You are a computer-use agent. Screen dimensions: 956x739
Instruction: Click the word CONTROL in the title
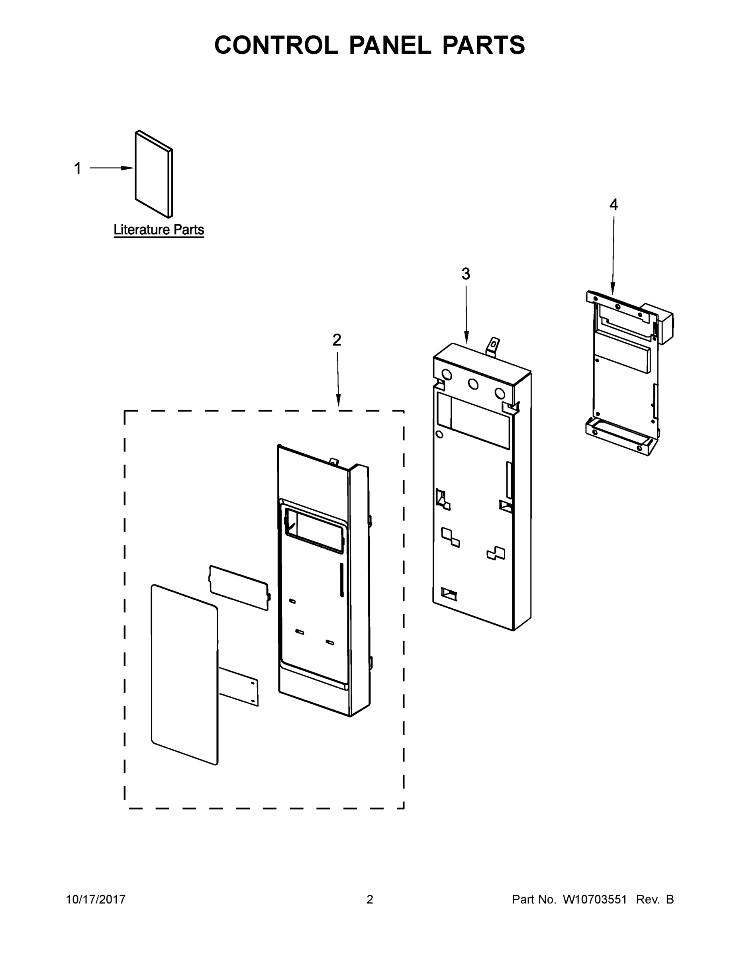tap(275, 45)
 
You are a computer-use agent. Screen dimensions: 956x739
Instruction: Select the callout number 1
tap(78, 168)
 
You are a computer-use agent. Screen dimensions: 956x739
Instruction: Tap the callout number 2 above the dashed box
tap(337, 340)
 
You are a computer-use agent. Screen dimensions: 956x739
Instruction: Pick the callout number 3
tap(466, 274)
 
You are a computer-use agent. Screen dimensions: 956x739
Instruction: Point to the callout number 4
tap(614, 204)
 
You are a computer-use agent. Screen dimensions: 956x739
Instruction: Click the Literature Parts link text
tap(159, 230)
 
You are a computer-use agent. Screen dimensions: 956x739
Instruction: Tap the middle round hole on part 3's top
tap(473, 384)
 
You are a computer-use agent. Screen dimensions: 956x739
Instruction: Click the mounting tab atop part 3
tap(493, 345)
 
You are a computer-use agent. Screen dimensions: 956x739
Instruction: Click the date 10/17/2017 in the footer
tap(96, 899)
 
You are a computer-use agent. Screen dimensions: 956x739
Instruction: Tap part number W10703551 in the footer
tap(594, 899)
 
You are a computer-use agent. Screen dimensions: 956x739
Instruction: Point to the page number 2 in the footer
tap(370, 899)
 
